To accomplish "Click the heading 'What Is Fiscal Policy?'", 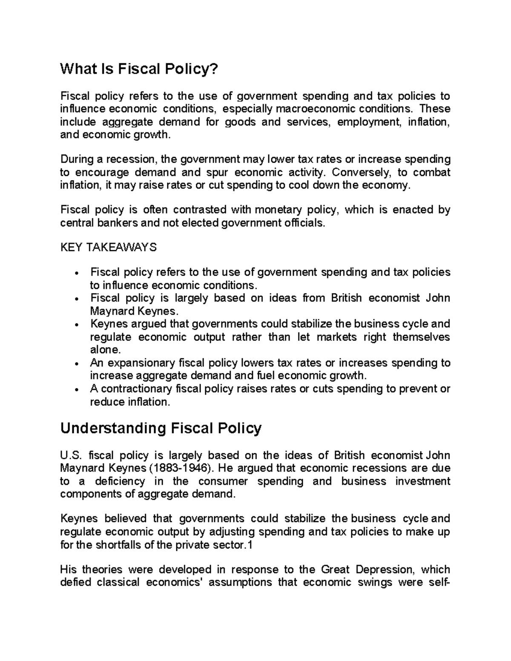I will (x=139, y=69).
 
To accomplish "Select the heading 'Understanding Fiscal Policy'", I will (x=161, y=428).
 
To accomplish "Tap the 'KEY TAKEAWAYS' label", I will (x=109, y=247).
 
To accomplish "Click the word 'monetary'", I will (x=278, y=209).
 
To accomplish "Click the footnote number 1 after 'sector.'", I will (x=250, y=545).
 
